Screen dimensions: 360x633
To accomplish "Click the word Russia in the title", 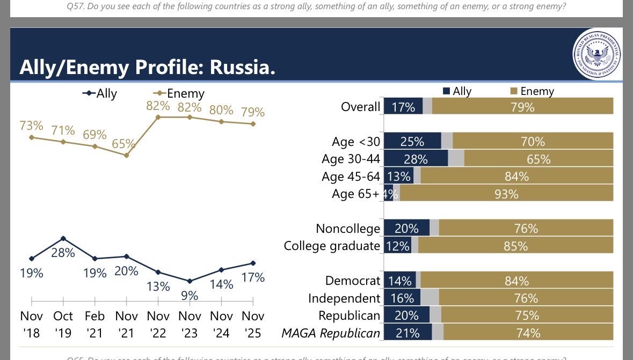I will click(x=242, y=68).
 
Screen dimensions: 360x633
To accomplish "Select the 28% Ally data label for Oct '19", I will click(x=63, y=253).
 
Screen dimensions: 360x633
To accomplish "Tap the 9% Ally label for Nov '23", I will click(x=190, y=295).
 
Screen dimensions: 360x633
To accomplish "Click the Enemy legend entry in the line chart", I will click(x=179, y=93).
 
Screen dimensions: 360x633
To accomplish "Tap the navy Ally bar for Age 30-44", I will click(x=416, y=159).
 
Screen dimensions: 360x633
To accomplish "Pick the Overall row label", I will click(x=360, y=107).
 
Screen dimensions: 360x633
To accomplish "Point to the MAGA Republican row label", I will click(x=331, y=333).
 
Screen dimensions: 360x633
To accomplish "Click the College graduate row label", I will click(x=332, y=246).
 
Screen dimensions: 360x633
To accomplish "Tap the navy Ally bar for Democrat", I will click(x=400, y=281).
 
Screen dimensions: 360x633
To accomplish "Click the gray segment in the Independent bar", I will click(x=430, y=298).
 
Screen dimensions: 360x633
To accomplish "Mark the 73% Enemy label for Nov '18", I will click(x=31, y=126).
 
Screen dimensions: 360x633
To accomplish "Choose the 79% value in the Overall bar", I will click(x=522, y=107).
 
